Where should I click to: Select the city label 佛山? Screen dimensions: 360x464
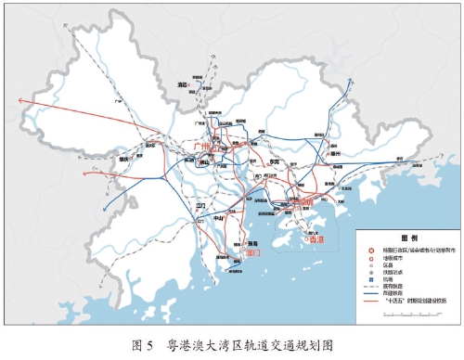point(206,163)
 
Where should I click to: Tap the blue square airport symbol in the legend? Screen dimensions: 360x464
point(370,279)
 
